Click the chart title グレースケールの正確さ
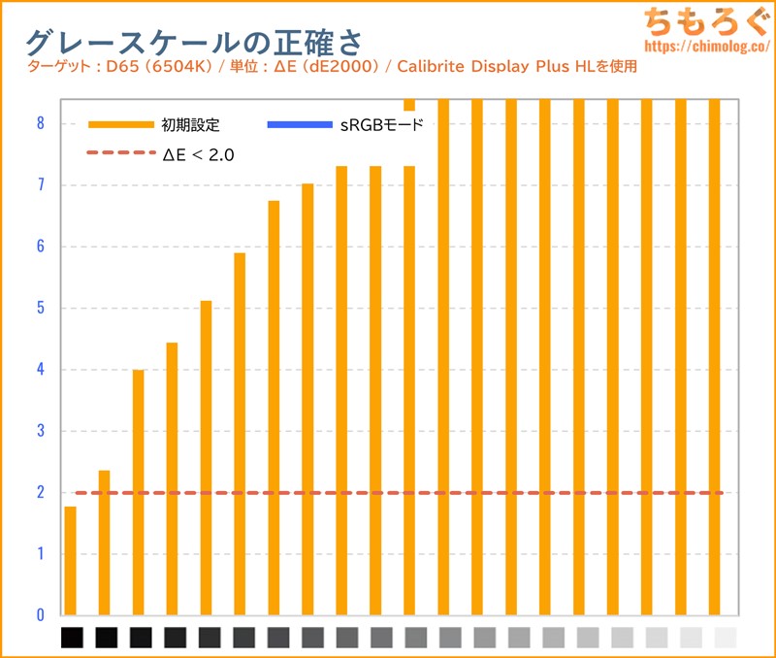(x=193, y=42)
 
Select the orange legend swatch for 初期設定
(x=121, y=125)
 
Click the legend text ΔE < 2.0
(x=198, y=153)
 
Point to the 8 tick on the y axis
(x=40, y=123)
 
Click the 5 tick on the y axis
(x=40, y=309)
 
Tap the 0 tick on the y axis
(x=40, y=615)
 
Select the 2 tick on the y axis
(x=40, y=493)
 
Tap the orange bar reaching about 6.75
(x=274, y=408)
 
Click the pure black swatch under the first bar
(x=73, y=638)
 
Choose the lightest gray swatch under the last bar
(x=725, y=638)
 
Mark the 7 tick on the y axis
(x=40, y=185)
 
